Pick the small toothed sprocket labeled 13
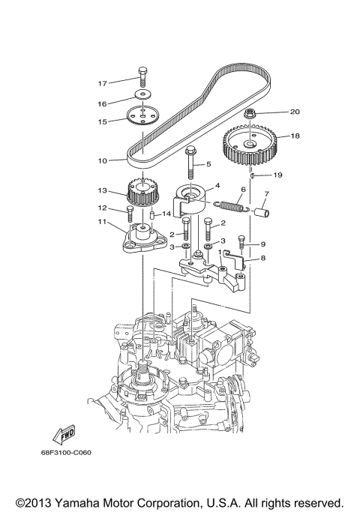[x=141, y=193]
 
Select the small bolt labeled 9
[x=241, y=242]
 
